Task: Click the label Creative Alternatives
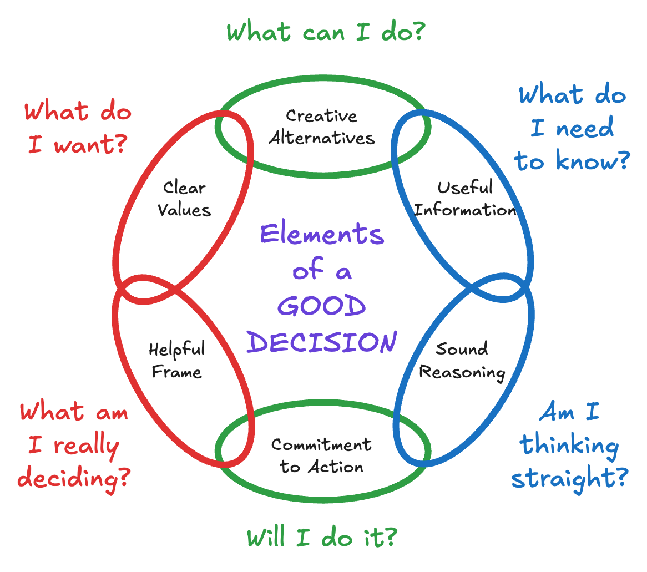[x=322, y=127]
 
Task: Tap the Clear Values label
[x=184, y=199]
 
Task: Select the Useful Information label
[x=465, y=199]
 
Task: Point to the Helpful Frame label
[x=177, y=360]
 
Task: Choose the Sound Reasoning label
[x=462, y=361]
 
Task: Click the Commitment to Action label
[x=322, y=455]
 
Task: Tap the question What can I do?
[x=326, y=32]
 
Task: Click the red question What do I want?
[x=78, y=129]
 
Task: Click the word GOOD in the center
[x=322, y=307]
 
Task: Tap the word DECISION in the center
[x=322, y=342]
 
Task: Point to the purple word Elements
[x=322, y=234]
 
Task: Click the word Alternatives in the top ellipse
[x=322, y=138]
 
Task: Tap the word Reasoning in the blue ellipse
[x=462, y=372]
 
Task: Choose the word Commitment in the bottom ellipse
[x=322, y=444]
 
